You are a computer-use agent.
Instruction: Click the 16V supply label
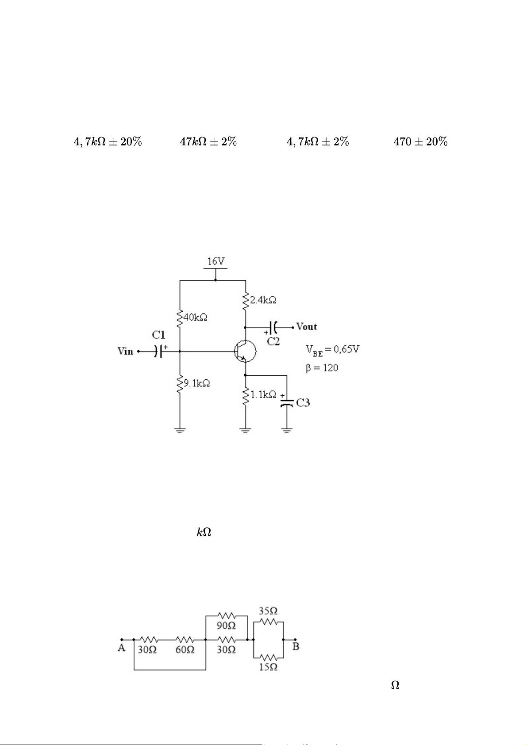point(216,261)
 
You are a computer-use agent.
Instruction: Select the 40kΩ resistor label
point(196,317)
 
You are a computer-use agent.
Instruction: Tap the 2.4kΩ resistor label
point(263,300)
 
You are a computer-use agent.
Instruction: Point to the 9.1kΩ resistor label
point(197,383)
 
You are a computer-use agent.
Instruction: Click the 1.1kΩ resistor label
point(264,394)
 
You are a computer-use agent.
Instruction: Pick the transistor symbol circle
point(246,351)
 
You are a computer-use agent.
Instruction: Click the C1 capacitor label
point(159,335)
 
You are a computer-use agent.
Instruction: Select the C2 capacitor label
point(273,341)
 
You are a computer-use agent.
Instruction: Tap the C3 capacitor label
point(303,403)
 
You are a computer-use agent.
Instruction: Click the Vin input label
point(125,351)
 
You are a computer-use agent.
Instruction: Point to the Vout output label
point(307,327)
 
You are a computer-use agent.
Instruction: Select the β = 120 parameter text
point(322,368)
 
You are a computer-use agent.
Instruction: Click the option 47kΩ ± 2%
point(208,142)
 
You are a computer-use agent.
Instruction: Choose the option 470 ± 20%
point(420,142)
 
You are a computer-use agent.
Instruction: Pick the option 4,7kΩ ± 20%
point(108,142)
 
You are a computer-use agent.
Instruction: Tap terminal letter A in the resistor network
point(121,648)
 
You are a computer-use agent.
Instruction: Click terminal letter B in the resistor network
point(296,646)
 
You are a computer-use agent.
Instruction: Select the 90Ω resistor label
point(226,626)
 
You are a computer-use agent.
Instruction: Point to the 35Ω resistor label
point(268,611)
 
